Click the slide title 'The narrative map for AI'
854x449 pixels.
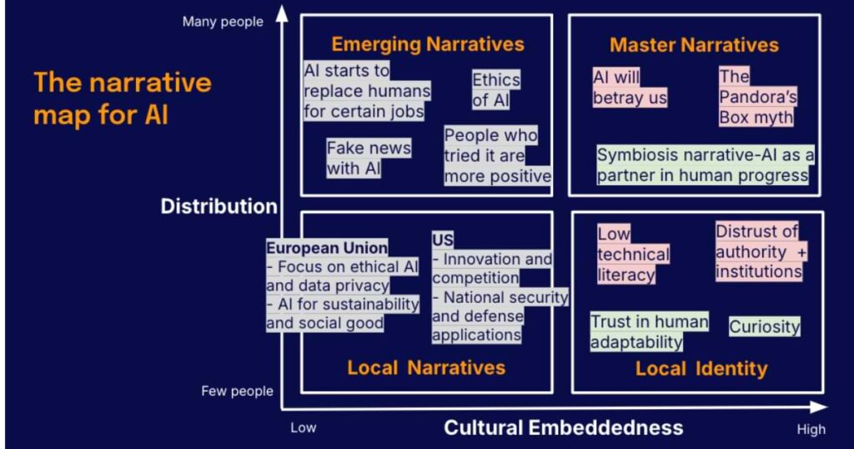122,98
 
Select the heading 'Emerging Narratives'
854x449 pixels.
428,44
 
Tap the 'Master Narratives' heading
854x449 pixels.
694,45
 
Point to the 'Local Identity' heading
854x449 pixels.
701,368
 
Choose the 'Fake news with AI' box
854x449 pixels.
368,158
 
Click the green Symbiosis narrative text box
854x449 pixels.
705,165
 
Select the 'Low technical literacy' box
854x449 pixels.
633,254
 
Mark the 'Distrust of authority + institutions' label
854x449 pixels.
759,251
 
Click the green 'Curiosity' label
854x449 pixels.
764,326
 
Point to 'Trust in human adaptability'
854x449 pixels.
649,331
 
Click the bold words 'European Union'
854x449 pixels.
327,248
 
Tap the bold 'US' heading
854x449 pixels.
442,240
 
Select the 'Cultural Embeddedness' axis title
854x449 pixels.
563,428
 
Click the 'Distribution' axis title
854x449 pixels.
219,206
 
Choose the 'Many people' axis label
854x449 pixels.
222,22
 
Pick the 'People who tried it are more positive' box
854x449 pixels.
496,155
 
